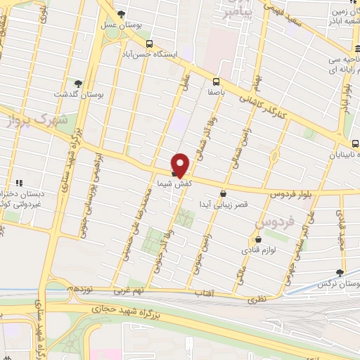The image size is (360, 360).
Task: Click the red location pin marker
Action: coord(181,164)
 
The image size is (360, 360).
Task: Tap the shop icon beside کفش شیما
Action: coord(174,172)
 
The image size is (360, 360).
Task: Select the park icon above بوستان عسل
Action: coord(122,14)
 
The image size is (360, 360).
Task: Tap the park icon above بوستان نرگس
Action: coord(340,273)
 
